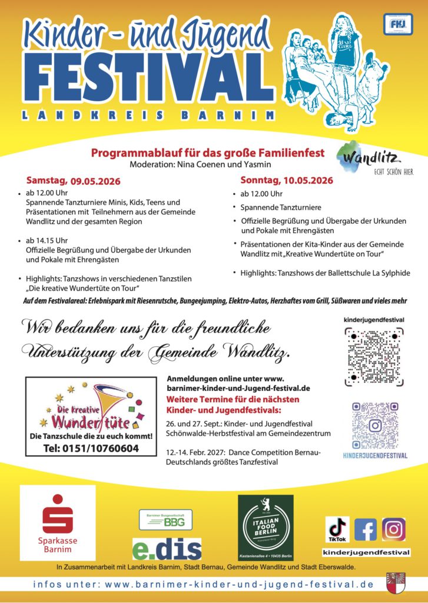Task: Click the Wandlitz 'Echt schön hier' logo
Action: click(x=373, y=162)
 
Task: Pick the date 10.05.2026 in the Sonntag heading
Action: click(x=307, y=180)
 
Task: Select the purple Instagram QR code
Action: click(x=374, y=426)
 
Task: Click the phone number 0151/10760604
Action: click(x=91, y=448)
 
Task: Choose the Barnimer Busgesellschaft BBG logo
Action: click(x=165, y=521)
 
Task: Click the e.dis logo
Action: click(x=167, y=548)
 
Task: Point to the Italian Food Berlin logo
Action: click(x=266, y=527)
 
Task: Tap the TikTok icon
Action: click(x=339, y=529)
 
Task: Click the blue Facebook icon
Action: click(x=366, y=529)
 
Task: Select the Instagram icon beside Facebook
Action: click(x=393, y=529)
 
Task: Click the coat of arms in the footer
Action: click(x=396, y=584)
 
